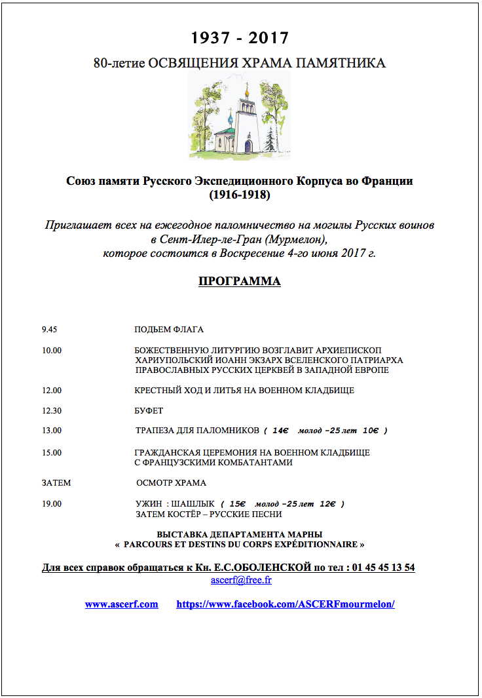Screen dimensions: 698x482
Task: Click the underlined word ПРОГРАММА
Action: (240, 282)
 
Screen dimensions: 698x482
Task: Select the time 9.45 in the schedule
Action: (50, 330)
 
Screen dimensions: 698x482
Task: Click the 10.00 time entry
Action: (52, 351)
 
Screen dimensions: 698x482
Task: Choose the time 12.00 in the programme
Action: (52, 391)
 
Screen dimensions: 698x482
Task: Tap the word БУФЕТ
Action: (149, 411)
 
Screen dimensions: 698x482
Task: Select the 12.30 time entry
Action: (52, 411)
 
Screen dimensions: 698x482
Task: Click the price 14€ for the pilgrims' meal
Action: (280, 431)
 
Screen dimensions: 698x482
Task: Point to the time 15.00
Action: (52, 453)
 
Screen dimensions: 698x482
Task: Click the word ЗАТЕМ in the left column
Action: (56, 483)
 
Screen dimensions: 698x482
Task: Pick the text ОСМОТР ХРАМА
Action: (171, 483)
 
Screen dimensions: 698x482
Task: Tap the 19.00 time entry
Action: (52, 504)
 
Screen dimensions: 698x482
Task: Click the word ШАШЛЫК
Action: (195, 504)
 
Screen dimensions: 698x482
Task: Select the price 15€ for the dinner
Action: (237, 504)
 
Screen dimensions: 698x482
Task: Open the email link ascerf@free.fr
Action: (241, 581)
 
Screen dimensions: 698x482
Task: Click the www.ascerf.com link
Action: (121, 604)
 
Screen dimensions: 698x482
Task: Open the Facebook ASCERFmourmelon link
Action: (286, 604)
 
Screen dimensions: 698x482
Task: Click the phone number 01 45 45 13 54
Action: (382, 568)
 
